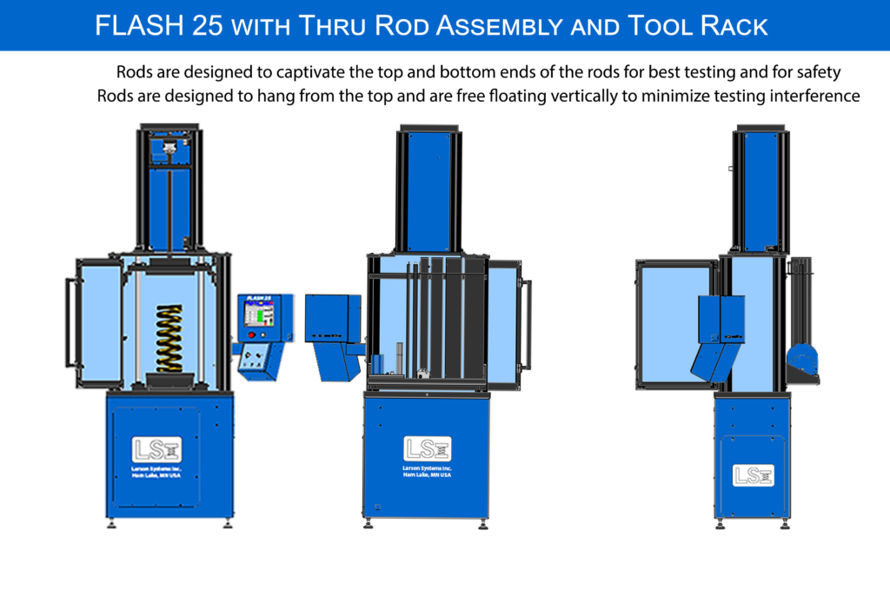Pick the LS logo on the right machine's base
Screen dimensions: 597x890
point(753,474)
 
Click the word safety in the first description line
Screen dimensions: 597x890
point(817,71)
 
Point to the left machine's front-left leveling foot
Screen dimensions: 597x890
point(111,523)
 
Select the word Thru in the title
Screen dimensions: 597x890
point(329,26)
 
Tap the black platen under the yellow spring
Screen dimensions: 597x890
point(170,379)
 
